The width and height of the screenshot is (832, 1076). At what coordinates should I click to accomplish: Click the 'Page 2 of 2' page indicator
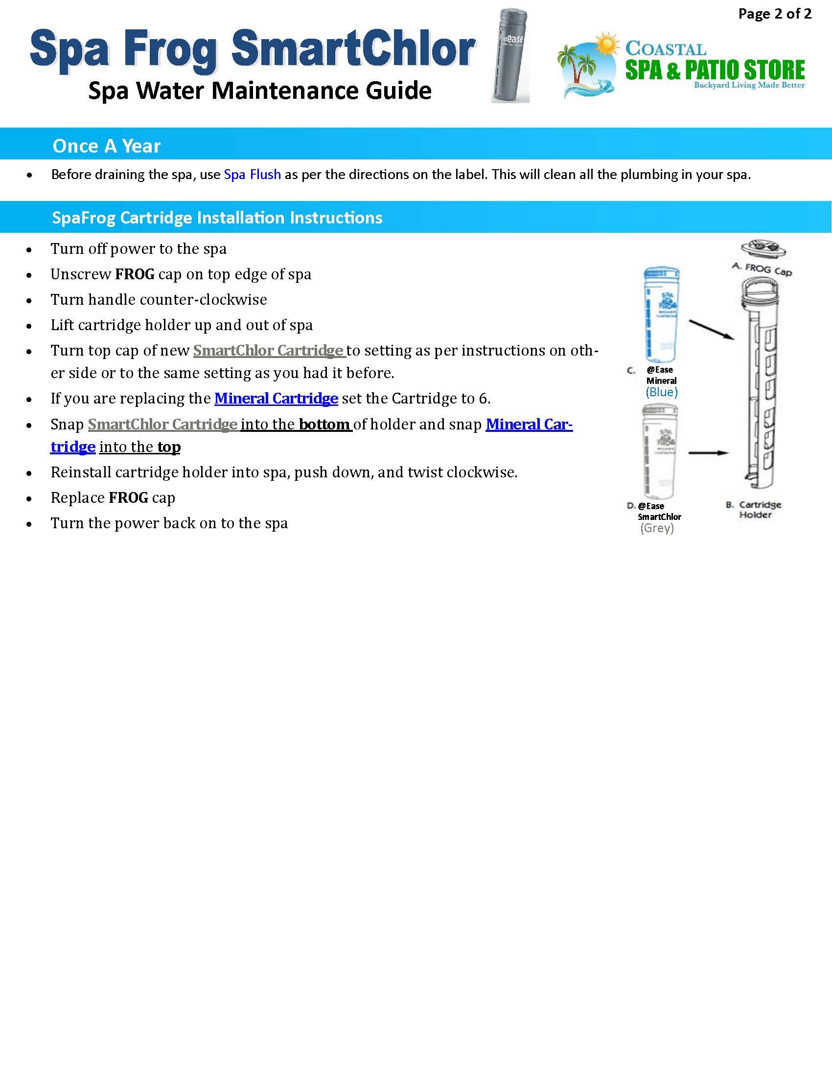[774, 14]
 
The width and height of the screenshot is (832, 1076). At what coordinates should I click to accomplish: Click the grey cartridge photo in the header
[510, 55]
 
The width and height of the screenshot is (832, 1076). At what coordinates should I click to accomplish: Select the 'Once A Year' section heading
[107, 146]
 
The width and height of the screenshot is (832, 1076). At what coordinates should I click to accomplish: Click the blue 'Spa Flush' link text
[253, 175]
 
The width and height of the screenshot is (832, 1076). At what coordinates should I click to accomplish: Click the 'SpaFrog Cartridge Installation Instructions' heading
[217, 217]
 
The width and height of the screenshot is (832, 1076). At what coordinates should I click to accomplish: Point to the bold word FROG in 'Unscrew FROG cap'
[135, 274]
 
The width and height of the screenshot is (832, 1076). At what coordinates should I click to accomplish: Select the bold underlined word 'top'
[169, 447]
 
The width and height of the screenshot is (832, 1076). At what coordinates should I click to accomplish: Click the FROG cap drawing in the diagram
[763, 248]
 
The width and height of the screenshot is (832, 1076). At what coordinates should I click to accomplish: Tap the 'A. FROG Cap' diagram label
[762, 269]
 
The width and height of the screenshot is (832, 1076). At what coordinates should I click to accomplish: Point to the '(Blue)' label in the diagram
[662, 392]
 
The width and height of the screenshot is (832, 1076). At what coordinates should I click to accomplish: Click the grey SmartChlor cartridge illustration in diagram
[660, 451]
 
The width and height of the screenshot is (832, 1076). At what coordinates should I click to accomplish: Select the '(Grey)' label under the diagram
[657, 528]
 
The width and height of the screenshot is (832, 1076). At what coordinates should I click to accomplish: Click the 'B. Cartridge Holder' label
[754, 510]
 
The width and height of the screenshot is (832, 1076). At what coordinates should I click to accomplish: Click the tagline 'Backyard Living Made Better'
[749, 85]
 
